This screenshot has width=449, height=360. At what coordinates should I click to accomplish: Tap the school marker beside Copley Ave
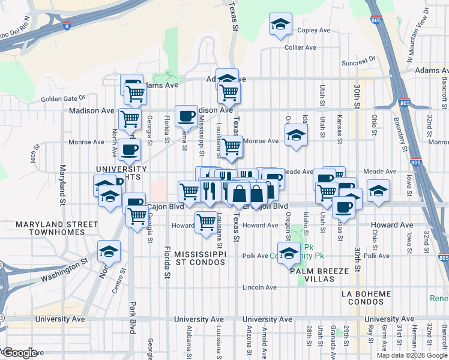tap(279, 25)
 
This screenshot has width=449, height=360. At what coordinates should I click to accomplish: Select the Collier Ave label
tap(300, 47)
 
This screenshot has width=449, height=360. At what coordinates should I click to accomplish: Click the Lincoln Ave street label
tap(259, 287)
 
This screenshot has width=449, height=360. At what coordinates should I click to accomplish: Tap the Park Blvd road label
tap(133, 318)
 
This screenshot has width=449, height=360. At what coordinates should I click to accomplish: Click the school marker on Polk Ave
tap(289, 253)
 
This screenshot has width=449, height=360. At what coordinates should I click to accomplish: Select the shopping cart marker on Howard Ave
tap(206, 221)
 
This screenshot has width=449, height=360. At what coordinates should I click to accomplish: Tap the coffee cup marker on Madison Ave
tap(186, 115)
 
